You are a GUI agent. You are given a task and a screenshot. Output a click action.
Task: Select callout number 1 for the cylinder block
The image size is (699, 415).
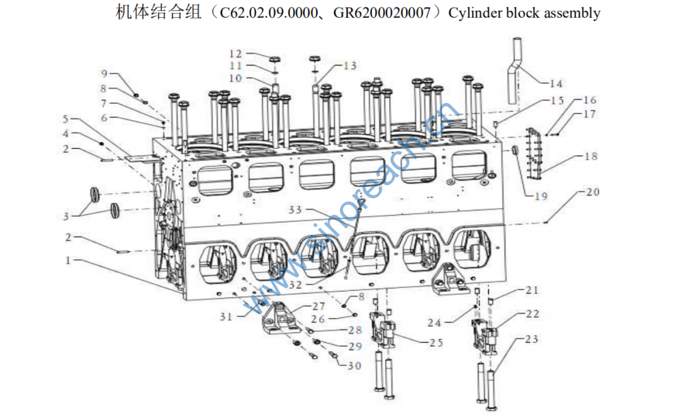[68, 260]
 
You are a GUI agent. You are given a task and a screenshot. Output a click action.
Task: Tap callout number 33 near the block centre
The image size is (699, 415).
[295, 210]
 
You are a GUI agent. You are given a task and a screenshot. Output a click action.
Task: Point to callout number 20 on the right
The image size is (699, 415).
[592, 192]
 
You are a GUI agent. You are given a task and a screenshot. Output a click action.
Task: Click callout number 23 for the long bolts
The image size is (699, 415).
[532, 339]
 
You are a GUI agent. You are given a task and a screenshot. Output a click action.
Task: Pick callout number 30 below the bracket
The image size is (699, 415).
[354, 366]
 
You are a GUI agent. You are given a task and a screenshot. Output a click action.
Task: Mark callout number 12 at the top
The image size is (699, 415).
[236, 53]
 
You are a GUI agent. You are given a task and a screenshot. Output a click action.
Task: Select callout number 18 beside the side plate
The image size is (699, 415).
[590, 156]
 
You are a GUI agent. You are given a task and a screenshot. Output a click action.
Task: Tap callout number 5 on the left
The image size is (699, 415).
[66, 119]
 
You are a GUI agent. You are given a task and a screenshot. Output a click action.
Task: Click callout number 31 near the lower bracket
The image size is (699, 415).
[226, 316]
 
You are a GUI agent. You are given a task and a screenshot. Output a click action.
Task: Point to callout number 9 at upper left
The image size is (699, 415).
[104, 73]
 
